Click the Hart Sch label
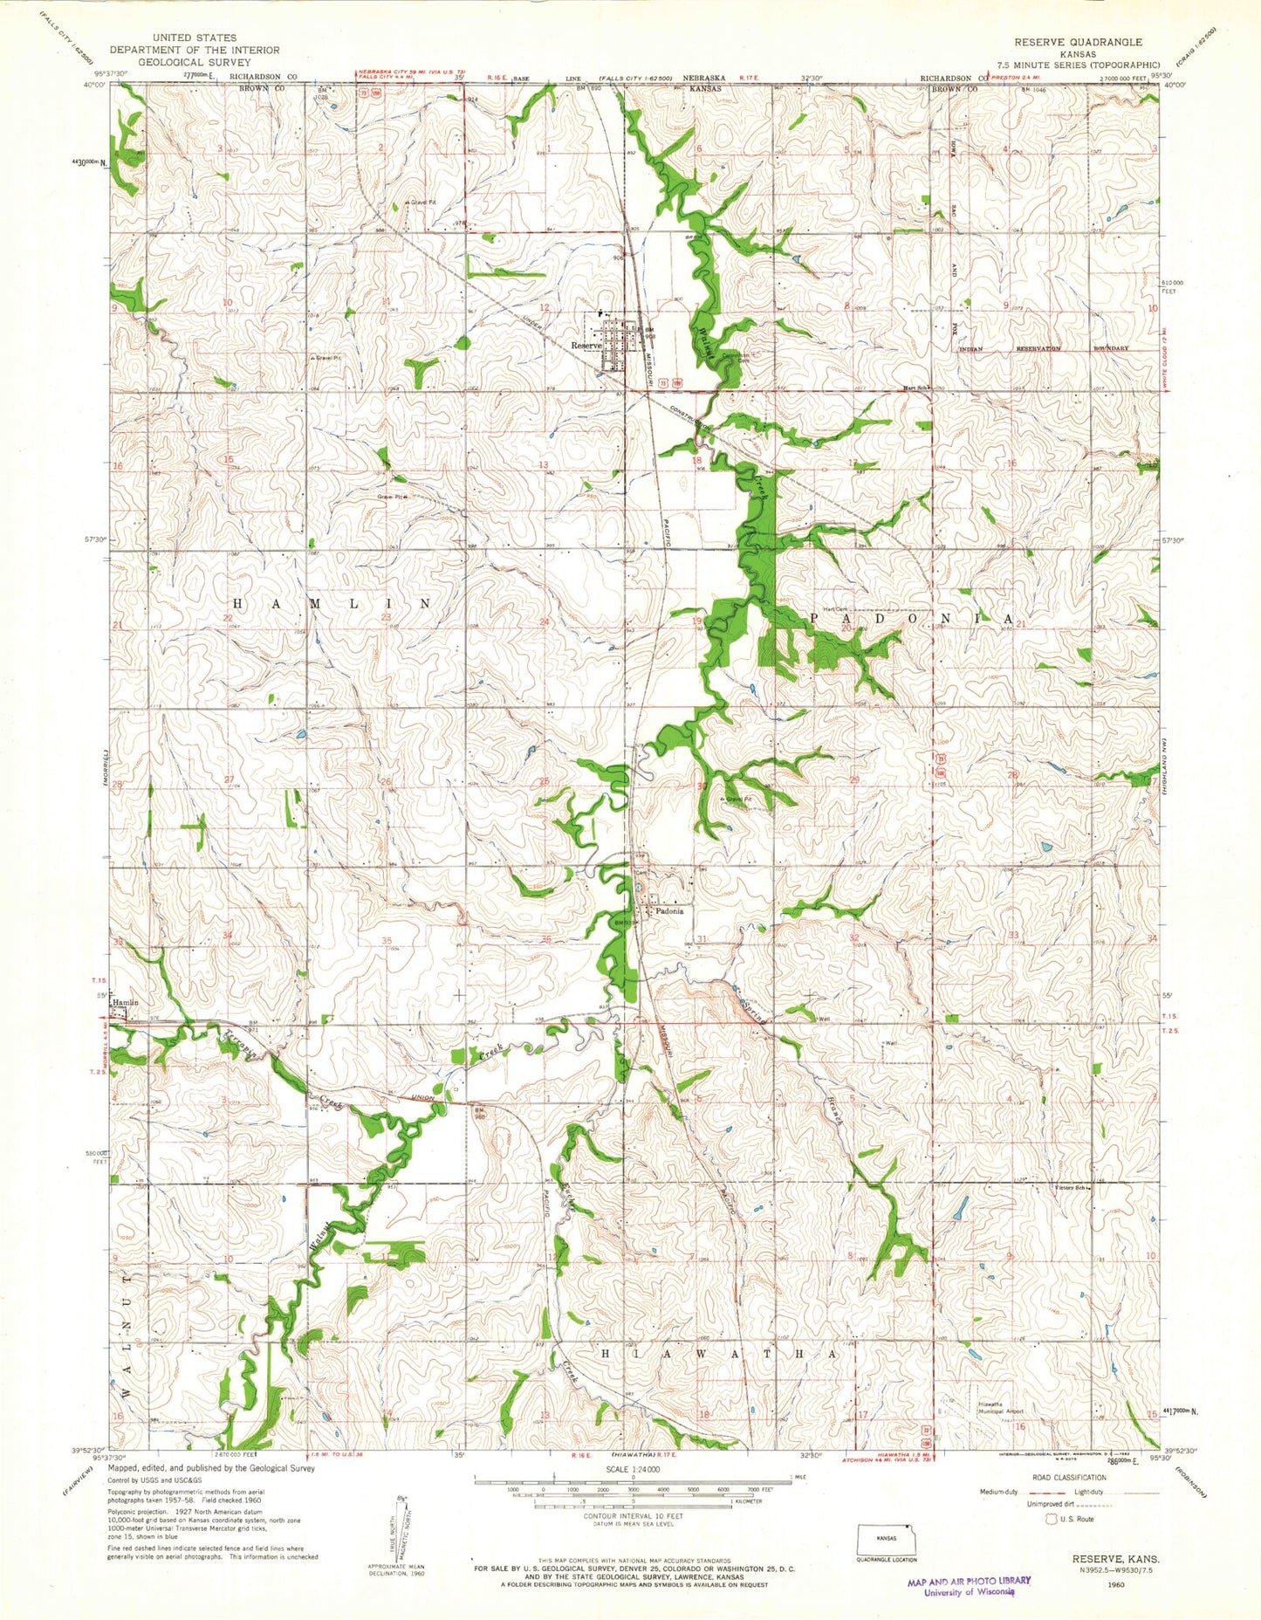pyautogui.click(x=915, y=388)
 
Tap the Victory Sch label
pyautogui.click(x=1070, y=1187)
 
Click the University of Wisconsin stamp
pyautogui.click(x=967, y=1585)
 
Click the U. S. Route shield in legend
pyautogui.click(x=1052, y=1520)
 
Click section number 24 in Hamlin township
pyautogui.click(x=545, y=621)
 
